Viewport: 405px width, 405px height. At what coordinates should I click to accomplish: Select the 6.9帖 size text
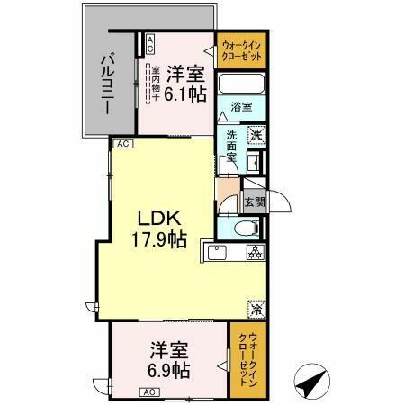point(169,369)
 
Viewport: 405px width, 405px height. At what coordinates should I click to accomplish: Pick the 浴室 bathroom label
point(241,107)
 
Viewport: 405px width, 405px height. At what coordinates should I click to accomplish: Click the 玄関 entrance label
point(255,202)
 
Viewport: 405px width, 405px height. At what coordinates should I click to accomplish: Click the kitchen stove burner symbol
point(255,252)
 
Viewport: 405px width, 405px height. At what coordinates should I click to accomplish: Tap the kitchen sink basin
point(218,252)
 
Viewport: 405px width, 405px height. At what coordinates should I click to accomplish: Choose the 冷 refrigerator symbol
point(256,307)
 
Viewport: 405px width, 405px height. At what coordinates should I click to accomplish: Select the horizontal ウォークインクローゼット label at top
point(242,47)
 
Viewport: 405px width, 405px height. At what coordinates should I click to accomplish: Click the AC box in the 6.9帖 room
point(149,391)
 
